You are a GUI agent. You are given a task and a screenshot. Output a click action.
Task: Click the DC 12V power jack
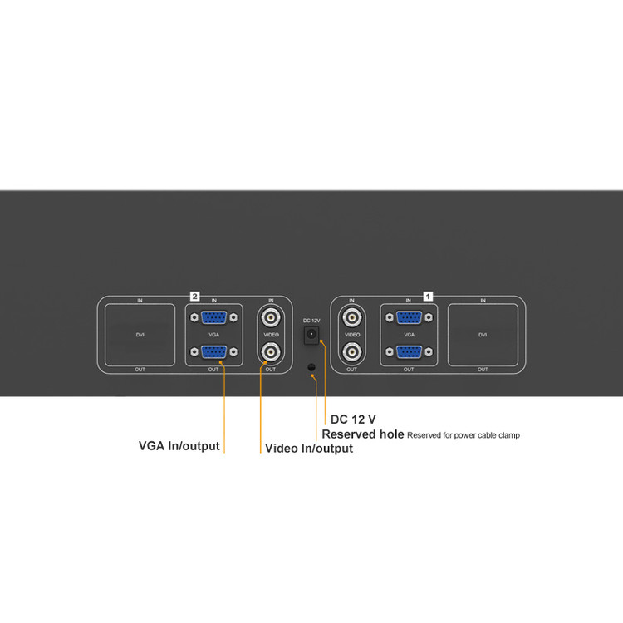coord(311,333)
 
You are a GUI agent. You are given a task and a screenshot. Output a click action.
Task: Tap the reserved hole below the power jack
coord(311,367)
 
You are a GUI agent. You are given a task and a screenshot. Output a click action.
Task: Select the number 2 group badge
coord(194,295)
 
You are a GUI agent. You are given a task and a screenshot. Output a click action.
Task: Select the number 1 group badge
coord(429,295)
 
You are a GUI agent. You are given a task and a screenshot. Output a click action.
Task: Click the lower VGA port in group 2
coord(214,351)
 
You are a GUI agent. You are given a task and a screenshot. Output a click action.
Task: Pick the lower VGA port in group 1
coord(408,351)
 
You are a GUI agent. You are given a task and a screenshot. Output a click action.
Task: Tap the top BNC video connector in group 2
coord(270,316)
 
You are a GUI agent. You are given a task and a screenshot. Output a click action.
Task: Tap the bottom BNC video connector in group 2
coord(270,352)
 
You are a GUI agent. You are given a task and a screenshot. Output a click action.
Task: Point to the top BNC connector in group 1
coord(351,316)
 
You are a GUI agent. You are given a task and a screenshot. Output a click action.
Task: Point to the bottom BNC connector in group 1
coord(351,352)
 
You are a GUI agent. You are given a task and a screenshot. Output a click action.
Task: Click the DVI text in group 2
coord(140,335)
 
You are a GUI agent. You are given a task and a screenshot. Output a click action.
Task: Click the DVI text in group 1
coord(483,335)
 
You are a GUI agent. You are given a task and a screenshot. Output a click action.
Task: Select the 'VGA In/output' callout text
coord(179,446)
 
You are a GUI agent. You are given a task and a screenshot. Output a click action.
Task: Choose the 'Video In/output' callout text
coord(308,449)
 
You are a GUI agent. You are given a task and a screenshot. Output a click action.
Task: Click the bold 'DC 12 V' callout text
coord(353,419)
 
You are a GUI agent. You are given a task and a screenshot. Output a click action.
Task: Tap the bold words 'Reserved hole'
coord(363,434)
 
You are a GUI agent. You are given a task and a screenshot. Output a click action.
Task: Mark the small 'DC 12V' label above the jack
coord(311,320)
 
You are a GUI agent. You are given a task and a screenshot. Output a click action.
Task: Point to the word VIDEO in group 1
coord(351,335)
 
